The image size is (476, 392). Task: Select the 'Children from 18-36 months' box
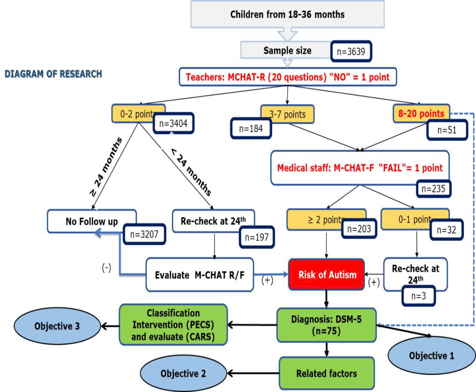[287, 14]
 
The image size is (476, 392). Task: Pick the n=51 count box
[447, 130]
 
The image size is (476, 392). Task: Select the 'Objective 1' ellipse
[431, 356]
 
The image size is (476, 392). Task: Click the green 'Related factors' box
[326, 373]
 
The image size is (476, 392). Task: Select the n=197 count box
[256, 236]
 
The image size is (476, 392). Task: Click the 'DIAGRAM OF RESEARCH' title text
[53, 74]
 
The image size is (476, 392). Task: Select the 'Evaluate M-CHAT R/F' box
[199, 275]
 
